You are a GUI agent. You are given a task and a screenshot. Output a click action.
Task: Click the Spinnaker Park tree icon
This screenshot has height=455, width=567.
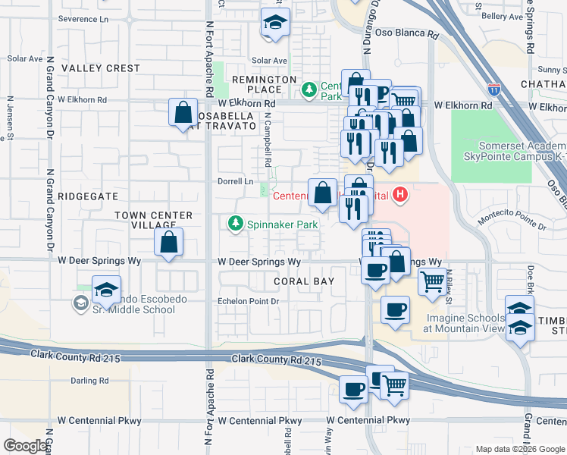pyautogui.click(x=236, y=224)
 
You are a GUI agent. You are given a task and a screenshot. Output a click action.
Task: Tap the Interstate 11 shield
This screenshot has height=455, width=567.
pyautogui.click(x=493, y=89)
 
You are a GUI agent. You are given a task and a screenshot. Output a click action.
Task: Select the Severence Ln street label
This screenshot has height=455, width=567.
pyautogui.click(x=83, y=17)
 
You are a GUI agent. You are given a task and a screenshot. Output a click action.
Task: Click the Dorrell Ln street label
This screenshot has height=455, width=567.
pyautogui.click(x=236, y=182)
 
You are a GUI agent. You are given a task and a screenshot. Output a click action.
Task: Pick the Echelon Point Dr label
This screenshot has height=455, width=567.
pyautogui.click(x=249, y=302)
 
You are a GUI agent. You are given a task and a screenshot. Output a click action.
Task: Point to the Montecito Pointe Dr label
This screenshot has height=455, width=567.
pyautogui.click(x=512, y=221)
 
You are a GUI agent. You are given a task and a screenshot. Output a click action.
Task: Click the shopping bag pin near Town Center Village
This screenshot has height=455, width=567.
pyautogui.click(x=168, y=243)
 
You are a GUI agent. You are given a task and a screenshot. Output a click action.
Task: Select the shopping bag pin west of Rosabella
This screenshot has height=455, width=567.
pyautogui.click(x=183, y=113)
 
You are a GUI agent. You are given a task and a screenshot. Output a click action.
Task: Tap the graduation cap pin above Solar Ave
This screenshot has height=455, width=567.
pyautogui.click(x=275, y=23)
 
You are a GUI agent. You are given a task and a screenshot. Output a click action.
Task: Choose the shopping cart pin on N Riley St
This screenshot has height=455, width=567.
pyautogui.click(x=432, y=281)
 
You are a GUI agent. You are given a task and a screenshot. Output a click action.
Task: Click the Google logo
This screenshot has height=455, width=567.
pyautogui.click(x=26, y=446)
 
